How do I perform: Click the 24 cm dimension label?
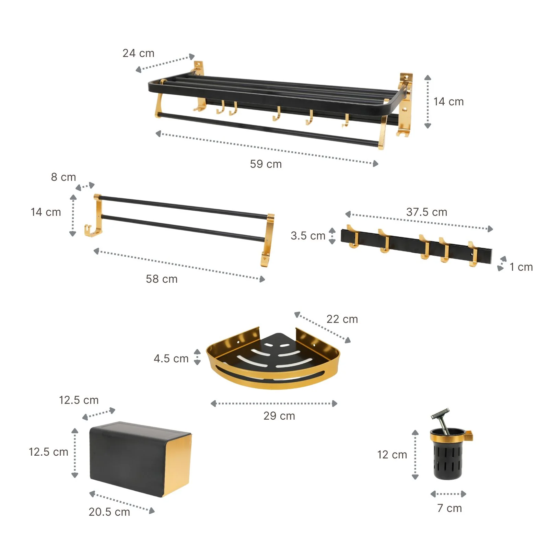coord(138,53)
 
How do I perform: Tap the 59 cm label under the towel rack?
coord(266,164)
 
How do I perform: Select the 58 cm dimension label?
coord(162,279)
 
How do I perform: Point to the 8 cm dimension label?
coord(63,177)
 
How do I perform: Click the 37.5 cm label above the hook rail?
coord(427,212)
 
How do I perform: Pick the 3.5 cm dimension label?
coord(308,236)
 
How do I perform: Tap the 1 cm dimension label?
coord(521,267)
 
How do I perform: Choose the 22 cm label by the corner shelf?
coord(342,319)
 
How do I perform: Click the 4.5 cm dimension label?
coord(171,359)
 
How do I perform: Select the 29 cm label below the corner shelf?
coord(279,416)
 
